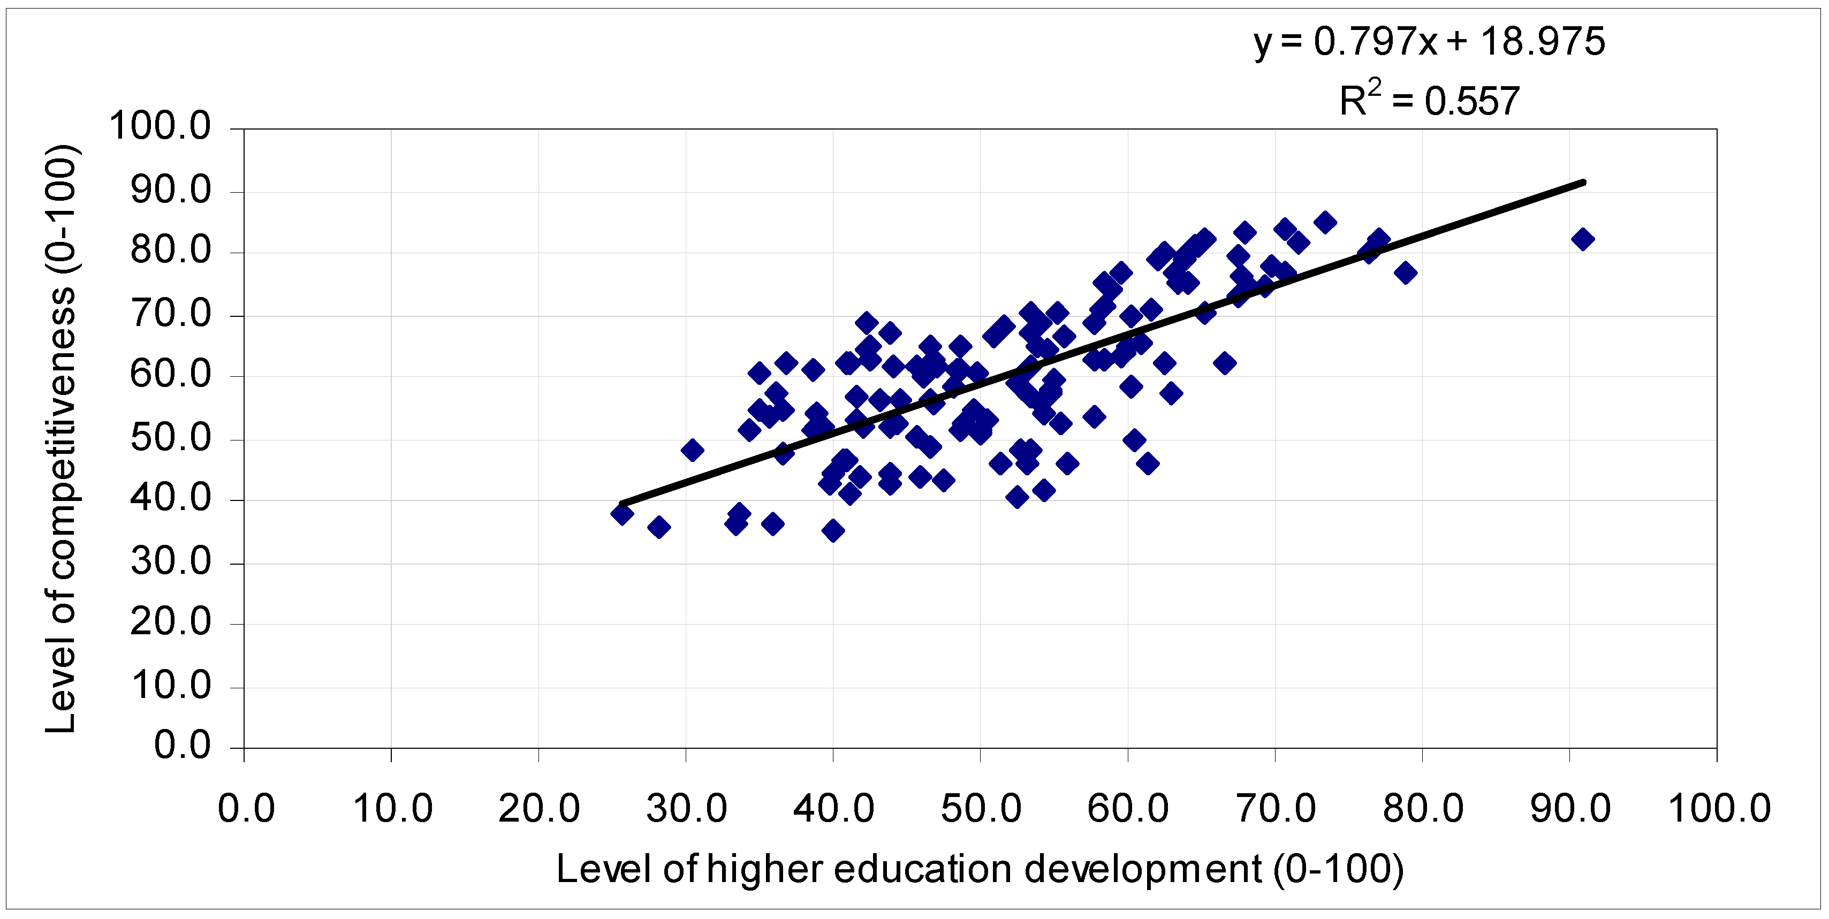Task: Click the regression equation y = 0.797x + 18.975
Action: coord(1429,41)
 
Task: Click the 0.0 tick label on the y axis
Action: coord(183,746)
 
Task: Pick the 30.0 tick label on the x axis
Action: coord(686,808)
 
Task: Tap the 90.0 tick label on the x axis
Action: coord(1570,808)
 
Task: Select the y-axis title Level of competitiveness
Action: coord(61,438)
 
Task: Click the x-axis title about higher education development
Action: coord(980,869)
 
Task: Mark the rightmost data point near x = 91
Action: coord(1583,239)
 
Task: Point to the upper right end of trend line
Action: coord(1583,183)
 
